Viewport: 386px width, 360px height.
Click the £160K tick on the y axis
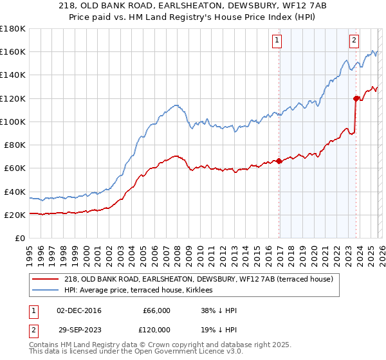click(x=13, y=51)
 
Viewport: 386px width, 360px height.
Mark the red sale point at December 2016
click(x=279, y=161)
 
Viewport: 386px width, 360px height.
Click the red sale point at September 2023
click(x=356, y=98)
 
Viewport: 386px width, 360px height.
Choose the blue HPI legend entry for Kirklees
click(x=142, y=291)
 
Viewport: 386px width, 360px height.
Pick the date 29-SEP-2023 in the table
click(x=78, y=329)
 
